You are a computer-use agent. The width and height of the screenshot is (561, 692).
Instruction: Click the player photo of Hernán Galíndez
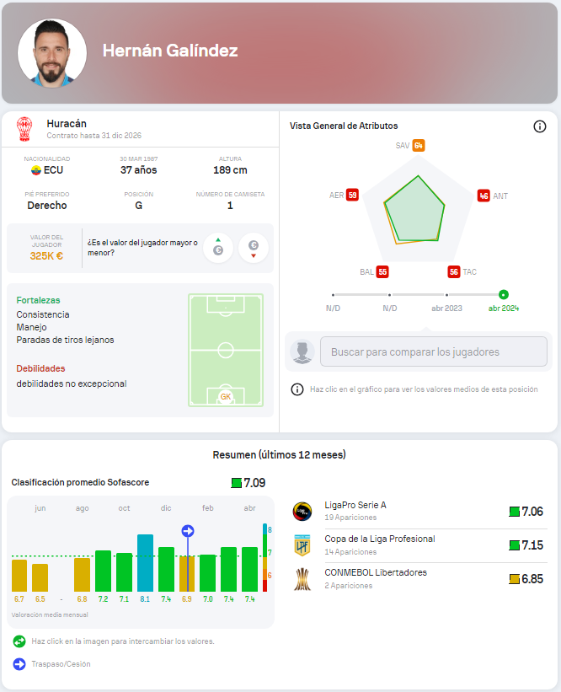[52, 52]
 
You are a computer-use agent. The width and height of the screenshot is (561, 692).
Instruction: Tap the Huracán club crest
[24, 128]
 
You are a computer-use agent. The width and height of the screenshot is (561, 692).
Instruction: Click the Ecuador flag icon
[35, 170]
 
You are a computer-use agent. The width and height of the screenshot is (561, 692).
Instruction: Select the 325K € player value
[46, 255]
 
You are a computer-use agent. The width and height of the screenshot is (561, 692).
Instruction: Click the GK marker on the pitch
[225, 396]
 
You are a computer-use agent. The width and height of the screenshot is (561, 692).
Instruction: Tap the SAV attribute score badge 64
[419, 146]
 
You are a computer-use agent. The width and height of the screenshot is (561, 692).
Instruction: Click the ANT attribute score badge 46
[484, 196]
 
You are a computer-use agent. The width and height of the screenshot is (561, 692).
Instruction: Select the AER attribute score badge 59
[352, 196]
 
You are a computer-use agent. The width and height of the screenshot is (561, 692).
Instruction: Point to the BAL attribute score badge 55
[382, 271]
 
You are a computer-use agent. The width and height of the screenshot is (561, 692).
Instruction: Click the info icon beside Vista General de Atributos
[540, 126]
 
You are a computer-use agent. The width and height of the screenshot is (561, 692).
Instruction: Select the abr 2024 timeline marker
[503, 295]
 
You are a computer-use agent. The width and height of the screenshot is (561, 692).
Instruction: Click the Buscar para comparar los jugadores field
[433, 351]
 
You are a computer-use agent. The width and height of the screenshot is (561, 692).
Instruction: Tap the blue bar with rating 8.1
[145, 562]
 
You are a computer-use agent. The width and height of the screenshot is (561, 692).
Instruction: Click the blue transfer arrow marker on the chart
[188, 530]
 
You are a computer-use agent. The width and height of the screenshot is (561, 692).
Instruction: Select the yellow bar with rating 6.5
[40, 577]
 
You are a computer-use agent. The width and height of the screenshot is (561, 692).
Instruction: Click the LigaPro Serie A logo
[302, 511]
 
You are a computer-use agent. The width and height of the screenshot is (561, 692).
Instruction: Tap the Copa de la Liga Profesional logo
[302, 544]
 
